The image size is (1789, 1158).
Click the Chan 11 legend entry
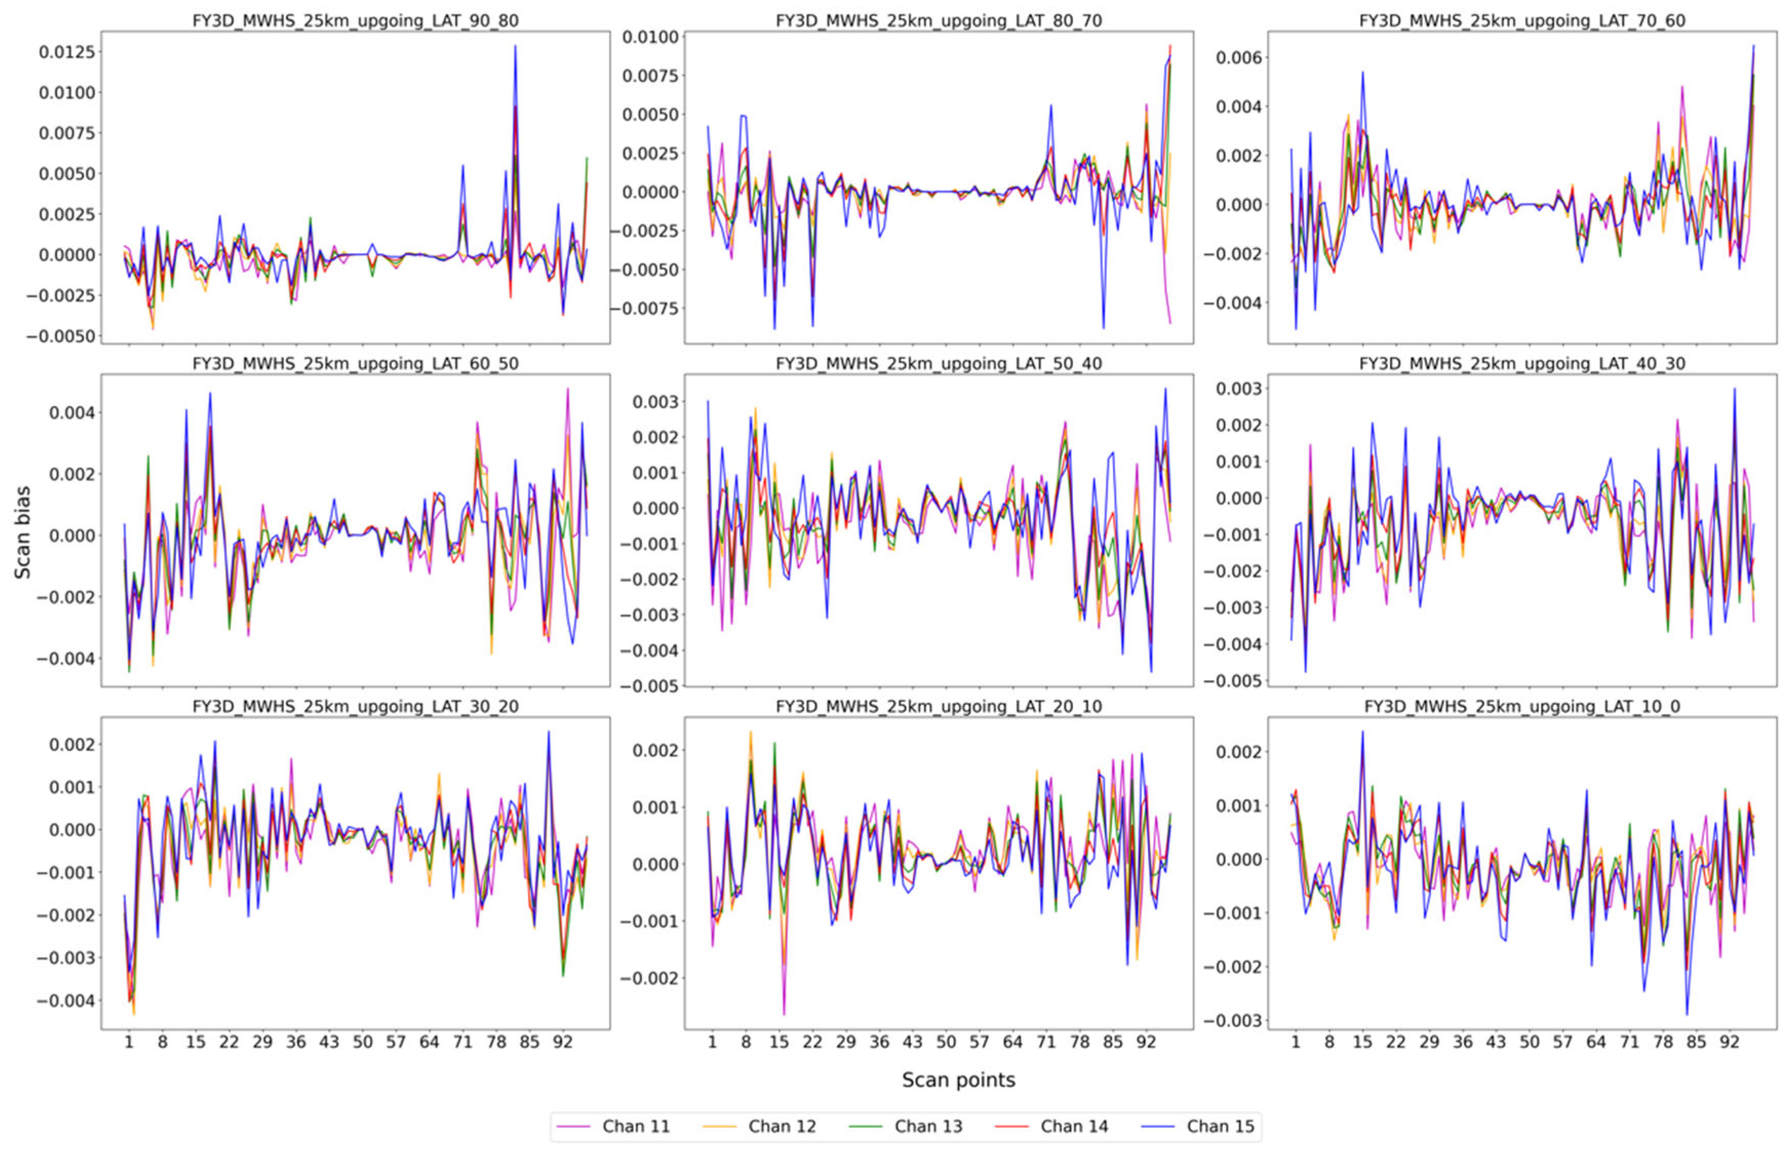(x=635, y=1126)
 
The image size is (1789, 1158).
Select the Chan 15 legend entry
(x=1219, y=1126)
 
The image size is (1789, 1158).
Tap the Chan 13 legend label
(x=927, y=1126)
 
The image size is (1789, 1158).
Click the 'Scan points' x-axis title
(x=958, y=1080)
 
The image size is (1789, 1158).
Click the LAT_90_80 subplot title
(x=355, y=21)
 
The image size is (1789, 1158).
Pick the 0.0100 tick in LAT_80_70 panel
(x=649, y=37)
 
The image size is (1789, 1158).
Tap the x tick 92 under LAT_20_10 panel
(x=1145, y=1042)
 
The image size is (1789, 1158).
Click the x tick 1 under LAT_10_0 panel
(x=1295, y=1042)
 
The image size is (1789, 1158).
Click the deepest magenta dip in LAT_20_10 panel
(x=784, y=1014)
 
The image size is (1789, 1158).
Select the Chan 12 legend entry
(x=781, y=1126)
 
